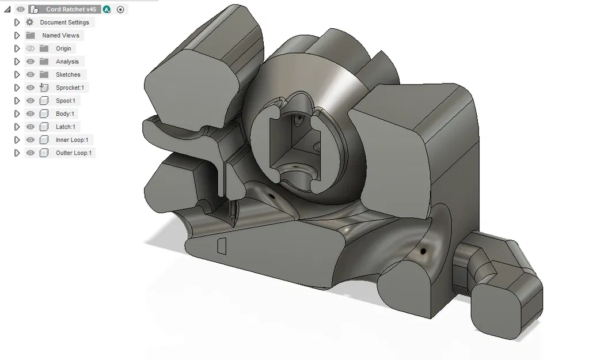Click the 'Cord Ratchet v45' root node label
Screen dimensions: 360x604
(71, 9)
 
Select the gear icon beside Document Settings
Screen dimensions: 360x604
(30, 22)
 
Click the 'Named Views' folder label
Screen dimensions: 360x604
(60, 36)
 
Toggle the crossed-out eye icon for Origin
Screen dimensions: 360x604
(31, 48)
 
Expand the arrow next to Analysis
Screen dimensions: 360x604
(17, 62)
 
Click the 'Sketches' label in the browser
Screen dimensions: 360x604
(68, 75)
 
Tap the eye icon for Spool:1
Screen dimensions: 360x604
(31, 101)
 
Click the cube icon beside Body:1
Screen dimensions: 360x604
(44, 114)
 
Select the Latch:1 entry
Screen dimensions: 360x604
(65, 127)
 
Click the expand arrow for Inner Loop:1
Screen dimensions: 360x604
(17, 140)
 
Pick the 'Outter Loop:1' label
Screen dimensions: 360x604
(74, 153)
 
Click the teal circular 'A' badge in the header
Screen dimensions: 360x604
(107, 9)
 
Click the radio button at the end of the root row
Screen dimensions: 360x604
(120, 9)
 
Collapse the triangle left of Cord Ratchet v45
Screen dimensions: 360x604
(7, 9)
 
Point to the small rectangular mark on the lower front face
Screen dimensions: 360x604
(221, 246)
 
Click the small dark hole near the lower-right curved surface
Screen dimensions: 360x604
(424, 252)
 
